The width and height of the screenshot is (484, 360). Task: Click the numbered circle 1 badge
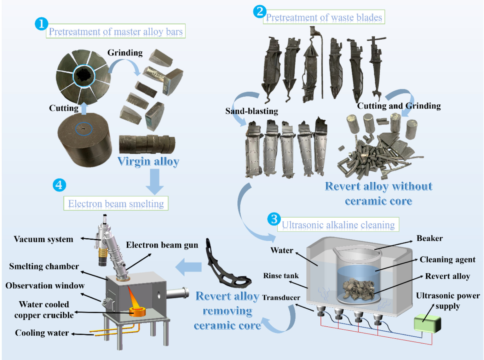click(x=41, y=24)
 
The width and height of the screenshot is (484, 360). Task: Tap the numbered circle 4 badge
click(x=59, y=185)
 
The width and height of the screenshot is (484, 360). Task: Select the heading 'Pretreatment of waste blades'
click(x=324, y=17)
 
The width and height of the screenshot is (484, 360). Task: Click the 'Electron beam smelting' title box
click(x=116, y=204)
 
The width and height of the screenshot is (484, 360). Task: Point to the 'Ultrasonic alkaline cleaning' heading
click(x=338, y=225)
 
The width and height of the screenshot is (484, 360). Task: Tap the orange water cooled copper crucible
click(x=138, y=312)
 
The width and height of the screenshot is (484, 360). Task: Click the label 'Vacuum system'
click(x=44, y=239)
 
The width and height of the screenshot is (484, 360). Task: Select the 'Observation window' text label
click(x=45, y=286)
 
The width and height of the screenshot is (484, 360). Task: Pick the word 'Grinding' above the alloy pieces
click(x=125, y=53)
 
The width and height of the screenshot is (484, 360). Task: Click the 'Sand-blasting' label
click(x=252, y=111)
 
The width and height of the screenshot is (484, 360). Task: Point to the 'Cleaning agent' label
click(x=448, y=259)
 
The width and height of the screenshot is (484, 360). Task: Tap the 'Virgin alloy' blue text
click(x=148, y=161)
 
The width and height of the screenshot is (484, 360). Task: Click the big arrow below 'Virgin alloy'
click(x=155, y=181)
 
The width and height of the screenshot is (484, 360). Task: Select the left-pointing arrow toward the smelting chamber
click(x=189, y=267)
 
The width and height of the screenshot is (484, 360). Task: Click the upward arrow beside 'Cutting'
click(x=84, y=108)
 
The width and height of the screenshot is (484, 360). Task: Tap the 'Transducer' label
click(x=281, y=298)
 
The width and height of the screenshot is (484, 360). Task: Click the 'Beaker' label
click(x=430, y=238)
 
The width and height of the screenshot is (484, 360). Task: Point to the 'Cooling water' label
click(x=42, y=333)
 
